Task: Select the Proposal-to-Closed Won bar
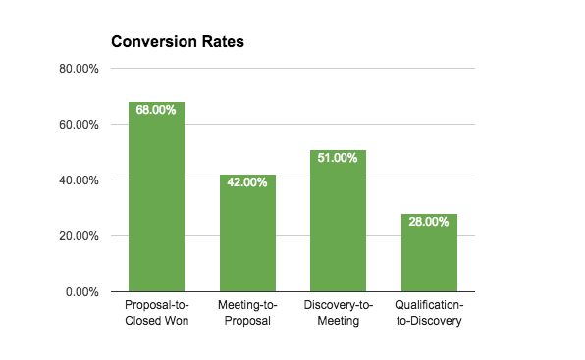[x=156, y=206]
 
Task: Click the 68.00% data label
[x=156, y=110]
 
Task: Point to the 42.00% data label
[x=247, y=182]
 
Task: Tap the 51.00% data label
[x=338, y=158]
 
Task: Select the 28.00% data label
[x=429, y=222]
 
